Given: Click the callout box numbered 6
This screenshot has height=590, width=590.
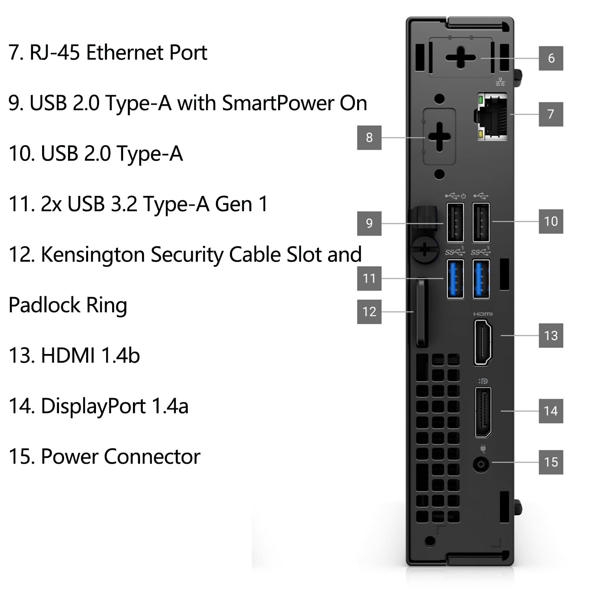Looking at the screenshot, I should click(x=551, y=58).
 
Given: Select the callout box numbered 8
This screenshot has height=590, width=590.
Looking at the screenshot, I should click(x=369, y=137).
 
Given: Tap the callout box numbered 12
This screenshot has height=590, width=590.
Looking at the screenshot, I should click(x=369, y=312).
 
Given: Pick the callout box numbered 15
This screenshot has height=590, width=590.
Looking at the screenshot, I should click(x=551, y=462).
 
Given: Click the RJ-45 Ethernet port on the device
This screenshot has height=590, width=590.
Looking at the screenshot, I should click(x=492, y=117).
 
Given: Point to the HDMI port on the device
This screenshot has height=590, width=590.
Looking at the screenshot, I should click(x=483, y=342).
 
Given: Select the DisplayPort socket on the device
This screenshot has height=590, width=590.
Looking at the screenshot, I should click(x=483, y=412).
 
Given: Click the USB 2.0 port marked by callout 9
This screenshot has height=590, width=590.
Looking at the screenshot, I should click(x=455, y=222).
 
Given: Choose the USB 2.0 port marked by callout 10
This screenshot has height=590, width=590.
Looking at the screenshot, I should click(x=481, y=222).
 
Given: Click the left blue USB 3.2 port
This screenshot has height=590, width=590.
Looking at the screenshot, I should click(x=455, y=279).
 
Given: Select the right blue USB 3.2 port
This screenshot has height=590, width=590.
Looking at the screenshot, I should click(x=481, y=279).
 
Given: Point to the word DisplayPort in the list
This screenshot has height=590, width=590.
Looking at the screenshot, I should click(x=93, y=406).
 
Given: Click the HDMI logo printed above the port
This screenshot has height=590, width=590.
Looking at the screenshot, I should click(x=483, y=314).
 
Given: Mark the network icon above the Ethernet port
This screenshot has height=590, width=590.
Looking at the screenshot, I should click(x=500, y=82).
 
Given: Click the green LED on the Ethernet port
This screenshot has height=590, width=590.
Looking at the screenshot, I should click(x=480, y=100).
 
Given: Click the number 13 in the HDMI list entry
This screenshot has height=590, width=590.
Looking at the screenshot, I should click(x=20, y=356).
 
